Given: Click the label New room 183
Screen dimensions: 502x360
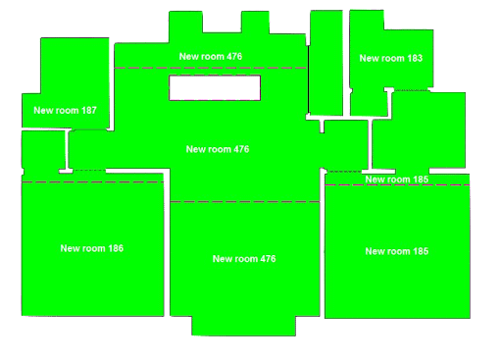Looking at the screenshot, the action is tap(390, 58).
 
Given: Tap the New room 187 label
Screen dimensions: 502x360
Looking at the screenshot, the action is tap(65, 111).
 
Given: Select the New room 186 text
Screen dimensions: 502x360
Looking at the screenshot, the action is tap(91, 248).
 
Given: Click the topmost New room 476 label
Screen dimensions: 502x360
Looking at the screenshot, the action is tap(211, 57).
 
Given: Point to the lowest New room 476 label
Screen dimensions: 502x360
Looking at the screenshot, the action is tap(244, 259).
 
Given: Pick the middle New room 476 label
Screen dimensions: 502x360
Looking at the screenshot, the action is tap(218, 149).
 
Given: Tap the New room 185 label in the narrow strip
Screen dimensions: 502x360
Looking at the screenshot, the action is tap(396, 180).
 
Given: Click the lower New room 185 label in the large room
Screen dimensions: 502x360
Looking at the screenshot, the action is tap(396, 251).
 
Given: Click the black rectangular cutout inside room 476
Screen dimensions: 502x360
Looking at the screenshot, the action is tap(214, 87).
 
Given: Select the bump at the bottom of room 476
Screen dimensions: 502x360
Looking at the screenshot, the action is tap(242, 325).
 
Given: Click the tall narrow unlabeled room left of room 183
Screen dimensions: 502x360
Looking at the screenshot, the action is tap(326, 64).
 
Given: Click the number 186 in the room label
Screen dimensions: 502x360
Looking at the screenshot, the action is tap(113, 248).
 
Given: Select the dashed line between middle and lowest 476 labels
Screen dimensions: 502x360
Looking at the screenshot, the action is tap(244, 202).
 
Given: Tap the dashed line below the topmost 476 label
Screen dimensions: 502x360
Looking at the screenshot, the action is tap(211, 68).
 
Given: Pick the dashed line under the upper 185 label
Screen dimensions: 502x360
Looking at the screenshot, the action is tap(396, 185).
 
